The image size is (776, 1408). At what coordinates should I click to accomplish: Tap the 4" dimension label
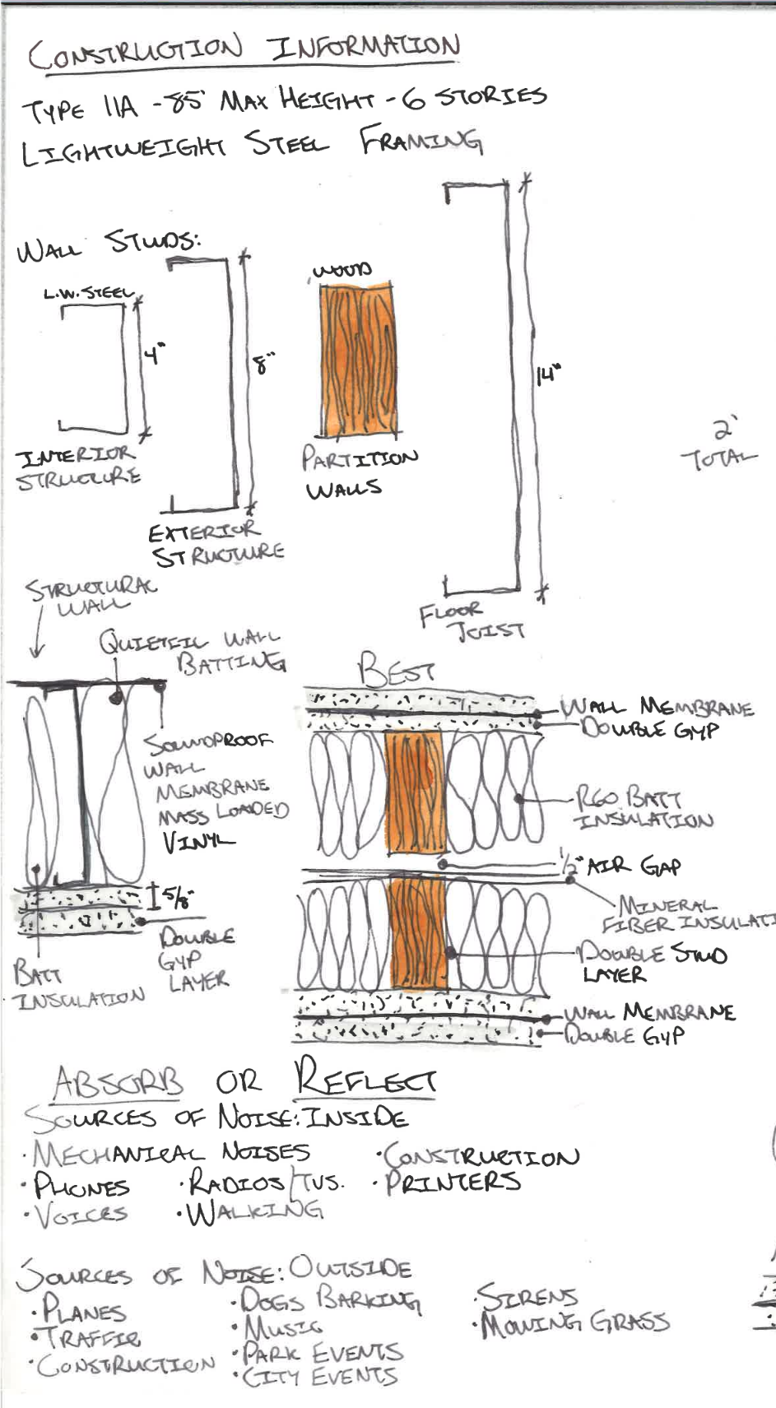(154, 355)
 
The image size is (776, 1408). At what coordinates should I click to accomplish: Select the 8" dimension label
(263, 363)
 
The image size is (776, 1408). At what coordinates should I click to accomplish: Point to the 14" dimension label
(548, 375)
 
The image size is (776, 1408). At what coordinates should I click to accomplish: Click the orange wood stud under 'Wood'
(357, 360)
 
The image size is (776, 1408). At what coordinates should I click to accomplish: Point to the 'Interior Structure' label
(77, 466)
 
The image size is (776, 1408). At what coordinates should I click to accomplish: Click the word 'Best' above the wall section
(396, 669)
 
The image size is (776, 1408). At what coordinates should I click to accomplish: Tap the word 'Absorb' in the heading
(118, 1083)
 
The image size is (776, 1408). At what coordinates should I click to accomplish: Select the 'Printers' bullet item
(453, 1182)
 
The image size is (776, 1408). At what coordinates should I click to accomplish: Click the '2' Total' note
(718, 445)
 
